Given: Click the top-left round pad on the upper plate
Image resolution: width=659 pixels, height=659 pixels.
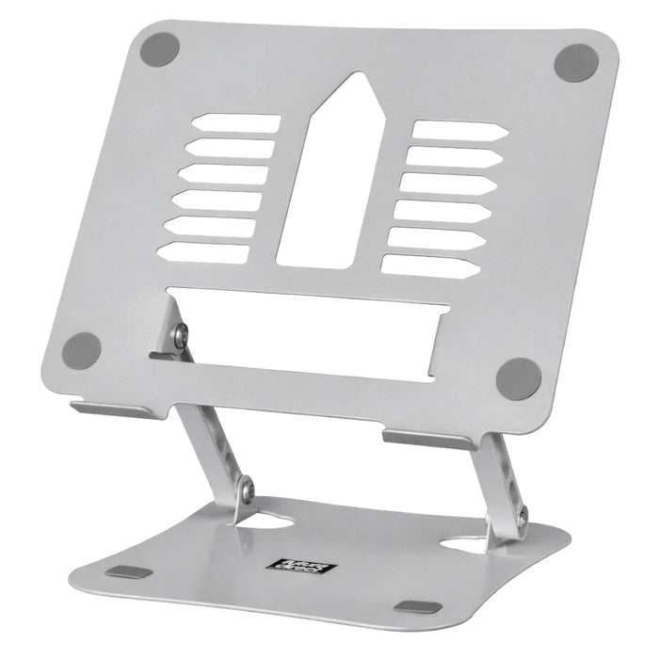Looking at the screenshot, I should [x=160, y=49].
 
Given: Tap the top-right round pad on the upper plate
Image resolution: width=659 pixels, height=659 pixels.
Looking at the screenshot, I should [x=575, y=63].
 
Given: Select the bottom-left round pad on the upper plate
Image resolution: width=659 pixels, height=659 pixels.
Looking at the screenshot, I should [x=82, y=350].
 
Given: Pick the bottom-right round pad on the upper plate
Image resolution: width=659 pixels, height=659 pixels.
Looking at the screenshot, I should [x=519, y=378].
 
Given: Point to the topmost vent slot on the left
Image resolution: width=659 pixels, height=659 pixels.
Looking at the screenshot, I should [x=235, y=123].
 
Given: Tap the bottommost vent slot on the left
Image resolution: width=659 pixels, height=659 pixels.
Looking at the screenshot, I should [x=204, y=252].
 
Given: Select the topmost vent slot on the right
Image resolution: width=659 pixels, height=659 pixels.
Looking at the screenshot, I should [x=459, y=131].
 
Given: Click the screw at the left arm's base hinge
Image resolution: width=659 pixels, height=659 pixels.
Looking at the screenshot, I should [x=246, y=489].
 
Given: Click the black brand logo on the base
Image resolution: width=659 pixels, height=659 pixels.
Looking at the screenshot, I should [x=295, y=568].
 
